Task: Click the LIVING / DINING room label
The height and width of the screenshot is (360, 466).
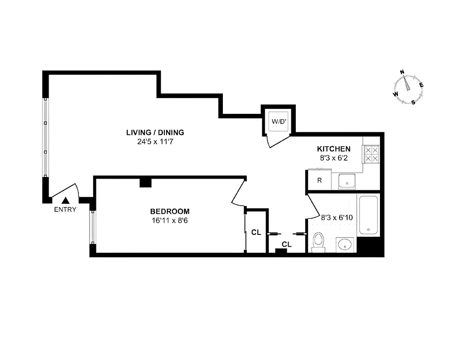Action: [155, 132]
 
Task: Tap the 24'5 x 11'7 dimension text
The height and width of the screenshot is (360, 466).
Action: [155, 141]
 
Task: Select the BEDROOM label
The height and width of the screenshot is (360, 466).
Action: [170, 211]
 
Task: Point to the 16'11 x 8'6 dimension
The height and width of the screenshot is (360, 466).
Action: [170, 220]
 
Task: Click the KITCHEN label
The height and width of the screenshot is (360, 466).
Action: [334, 149]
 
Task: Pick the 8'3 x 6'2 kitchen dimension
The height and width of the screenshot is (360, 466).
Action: [334, 158]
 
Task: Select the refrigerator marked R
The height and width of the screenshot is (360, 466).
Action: [319, 180]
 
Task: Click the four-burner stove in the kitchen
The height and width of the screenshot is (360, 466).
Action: [371, 153]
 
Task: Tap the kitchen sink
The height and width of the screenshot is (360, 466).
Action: [347, 182]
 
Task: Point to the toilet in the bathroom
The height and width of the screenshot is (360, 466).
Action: [318, 242]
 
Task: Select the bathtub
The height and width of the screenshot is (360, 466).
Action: [369, 214]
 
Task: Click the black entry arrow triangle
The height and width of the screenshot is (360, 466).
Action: [66, 201]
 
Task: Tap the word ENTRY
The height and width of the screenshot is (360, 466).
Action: [65, 209]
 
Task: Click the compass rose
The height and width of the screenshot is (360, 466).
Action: [409, 87]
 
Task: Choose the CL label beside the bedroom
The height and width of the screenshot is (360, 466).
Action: [256, 233]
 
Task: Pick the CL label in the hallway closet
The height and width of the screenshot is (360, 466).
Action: [286, 244]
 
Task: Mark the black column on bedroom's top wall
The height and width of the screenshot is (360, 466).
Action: [145, 182]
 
